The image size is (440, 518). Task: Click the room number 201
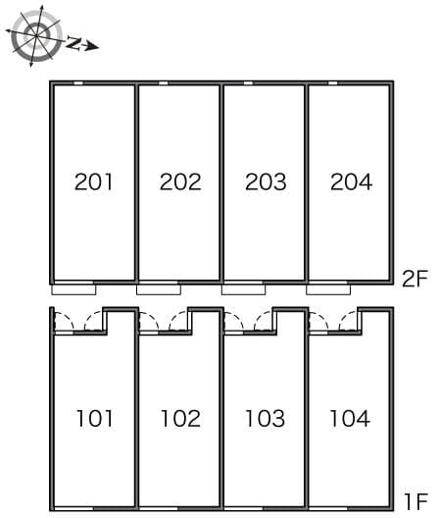[x=93, y=181]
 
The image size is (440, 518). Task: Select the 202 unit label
[x=180, y=181]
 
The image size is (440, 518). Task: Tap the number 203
[x=266, y=181]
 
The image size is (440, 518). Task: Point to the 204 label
[x=351, y=181]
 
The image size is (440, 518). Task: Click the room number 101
[x=95, y=418]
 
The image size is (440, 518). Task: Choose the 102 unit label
[x=180, y=418]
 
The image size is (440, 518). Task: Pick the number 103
[x=265, y=418]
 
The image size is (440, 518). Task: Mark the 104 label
[x=350, y=418]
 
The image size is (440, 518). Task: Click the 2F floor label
[x=415, y=279]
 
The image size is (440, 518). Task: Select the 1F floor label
[x=416, y=501]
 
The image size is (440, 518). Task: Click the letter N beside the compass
[x=73, y=43]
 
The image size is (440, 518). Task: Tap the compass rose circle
[x=36, y=35]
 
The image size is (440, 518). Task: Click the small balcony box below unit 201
[x=73, y=289]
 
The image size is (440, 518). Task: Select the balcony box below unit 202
[x=159, y=289]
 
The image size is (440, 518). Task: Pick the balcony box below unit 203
[x=244, y=289]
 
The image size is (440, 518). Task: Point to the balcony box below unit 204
[x=328, y=289]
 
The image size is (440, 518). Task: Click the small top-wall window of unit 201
[x=78, y=83]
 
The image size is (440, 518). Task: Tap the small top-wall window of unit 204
[x=333, y=83]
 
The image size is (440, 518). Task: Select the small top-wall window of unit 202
[x=163, y=83]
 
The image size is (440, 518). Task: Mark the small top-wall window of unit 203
[x=248, y=83]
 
